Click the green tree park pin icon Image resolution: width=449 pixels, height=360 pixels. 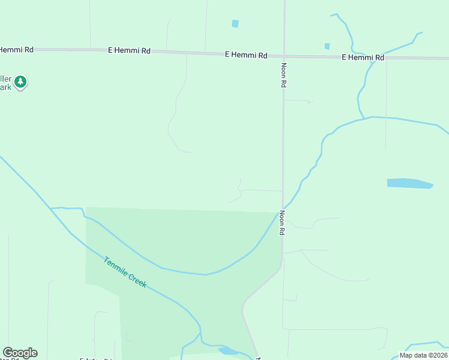pos(20,82)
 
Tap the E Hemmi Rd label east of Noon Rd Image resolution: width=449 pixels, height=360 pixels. pos(363,58)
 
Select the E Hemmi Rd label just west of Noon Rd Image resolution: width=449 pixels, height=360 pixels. pos(246,55)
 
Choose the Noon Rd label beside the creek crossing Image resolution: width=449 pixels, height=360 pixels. pos(282,222)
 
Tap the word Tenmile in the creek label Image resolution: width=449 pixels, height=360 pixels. pos(115,268)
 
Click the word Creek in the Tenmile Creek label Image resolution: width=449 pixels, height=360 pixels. pos(137,281)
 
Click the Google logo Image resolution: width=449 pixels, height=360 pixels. pos(20,353)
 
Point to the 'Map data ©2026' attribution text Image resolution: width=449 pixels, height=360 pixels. pos(423,355)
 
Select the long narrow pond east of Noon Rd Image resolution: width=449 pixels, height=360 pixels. pos(409,183)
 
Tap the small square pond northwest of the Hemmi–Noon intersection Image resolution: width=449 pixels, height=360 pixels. pos(235,24)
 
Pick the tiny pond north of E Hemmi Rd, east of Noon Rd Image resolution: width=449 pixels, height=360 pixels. pos(327,46)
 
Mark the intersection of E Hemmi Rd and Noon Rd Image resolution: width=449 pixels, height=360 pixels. pos(284,56)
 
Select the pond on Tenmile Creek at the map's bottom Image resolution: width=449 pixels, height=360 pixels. pos(228,351)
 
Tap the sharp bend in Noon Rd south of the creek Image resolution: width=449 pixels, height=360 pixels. pos(244,310)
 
